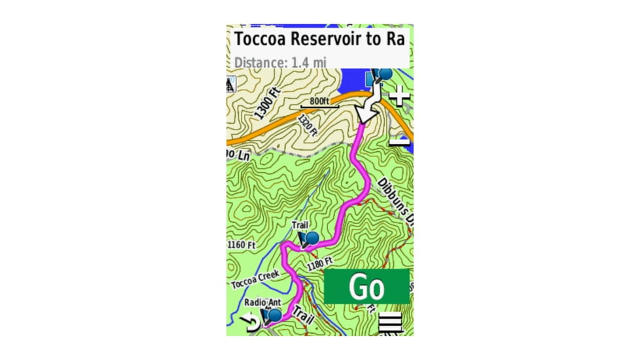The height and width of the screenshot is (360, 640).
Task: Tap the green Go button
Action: [x=366, y=287]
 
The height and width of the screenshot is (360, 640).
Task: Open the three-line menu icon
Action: [x=389, y=324]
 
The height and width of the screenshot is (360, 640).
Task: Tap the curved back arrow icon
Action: [x=250, y=322]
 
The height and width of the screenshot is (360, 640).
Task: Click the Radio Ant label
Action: [x=262, y=302]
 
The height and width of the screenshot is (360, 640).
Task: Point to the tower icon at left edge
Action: [x=230, y=84]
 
